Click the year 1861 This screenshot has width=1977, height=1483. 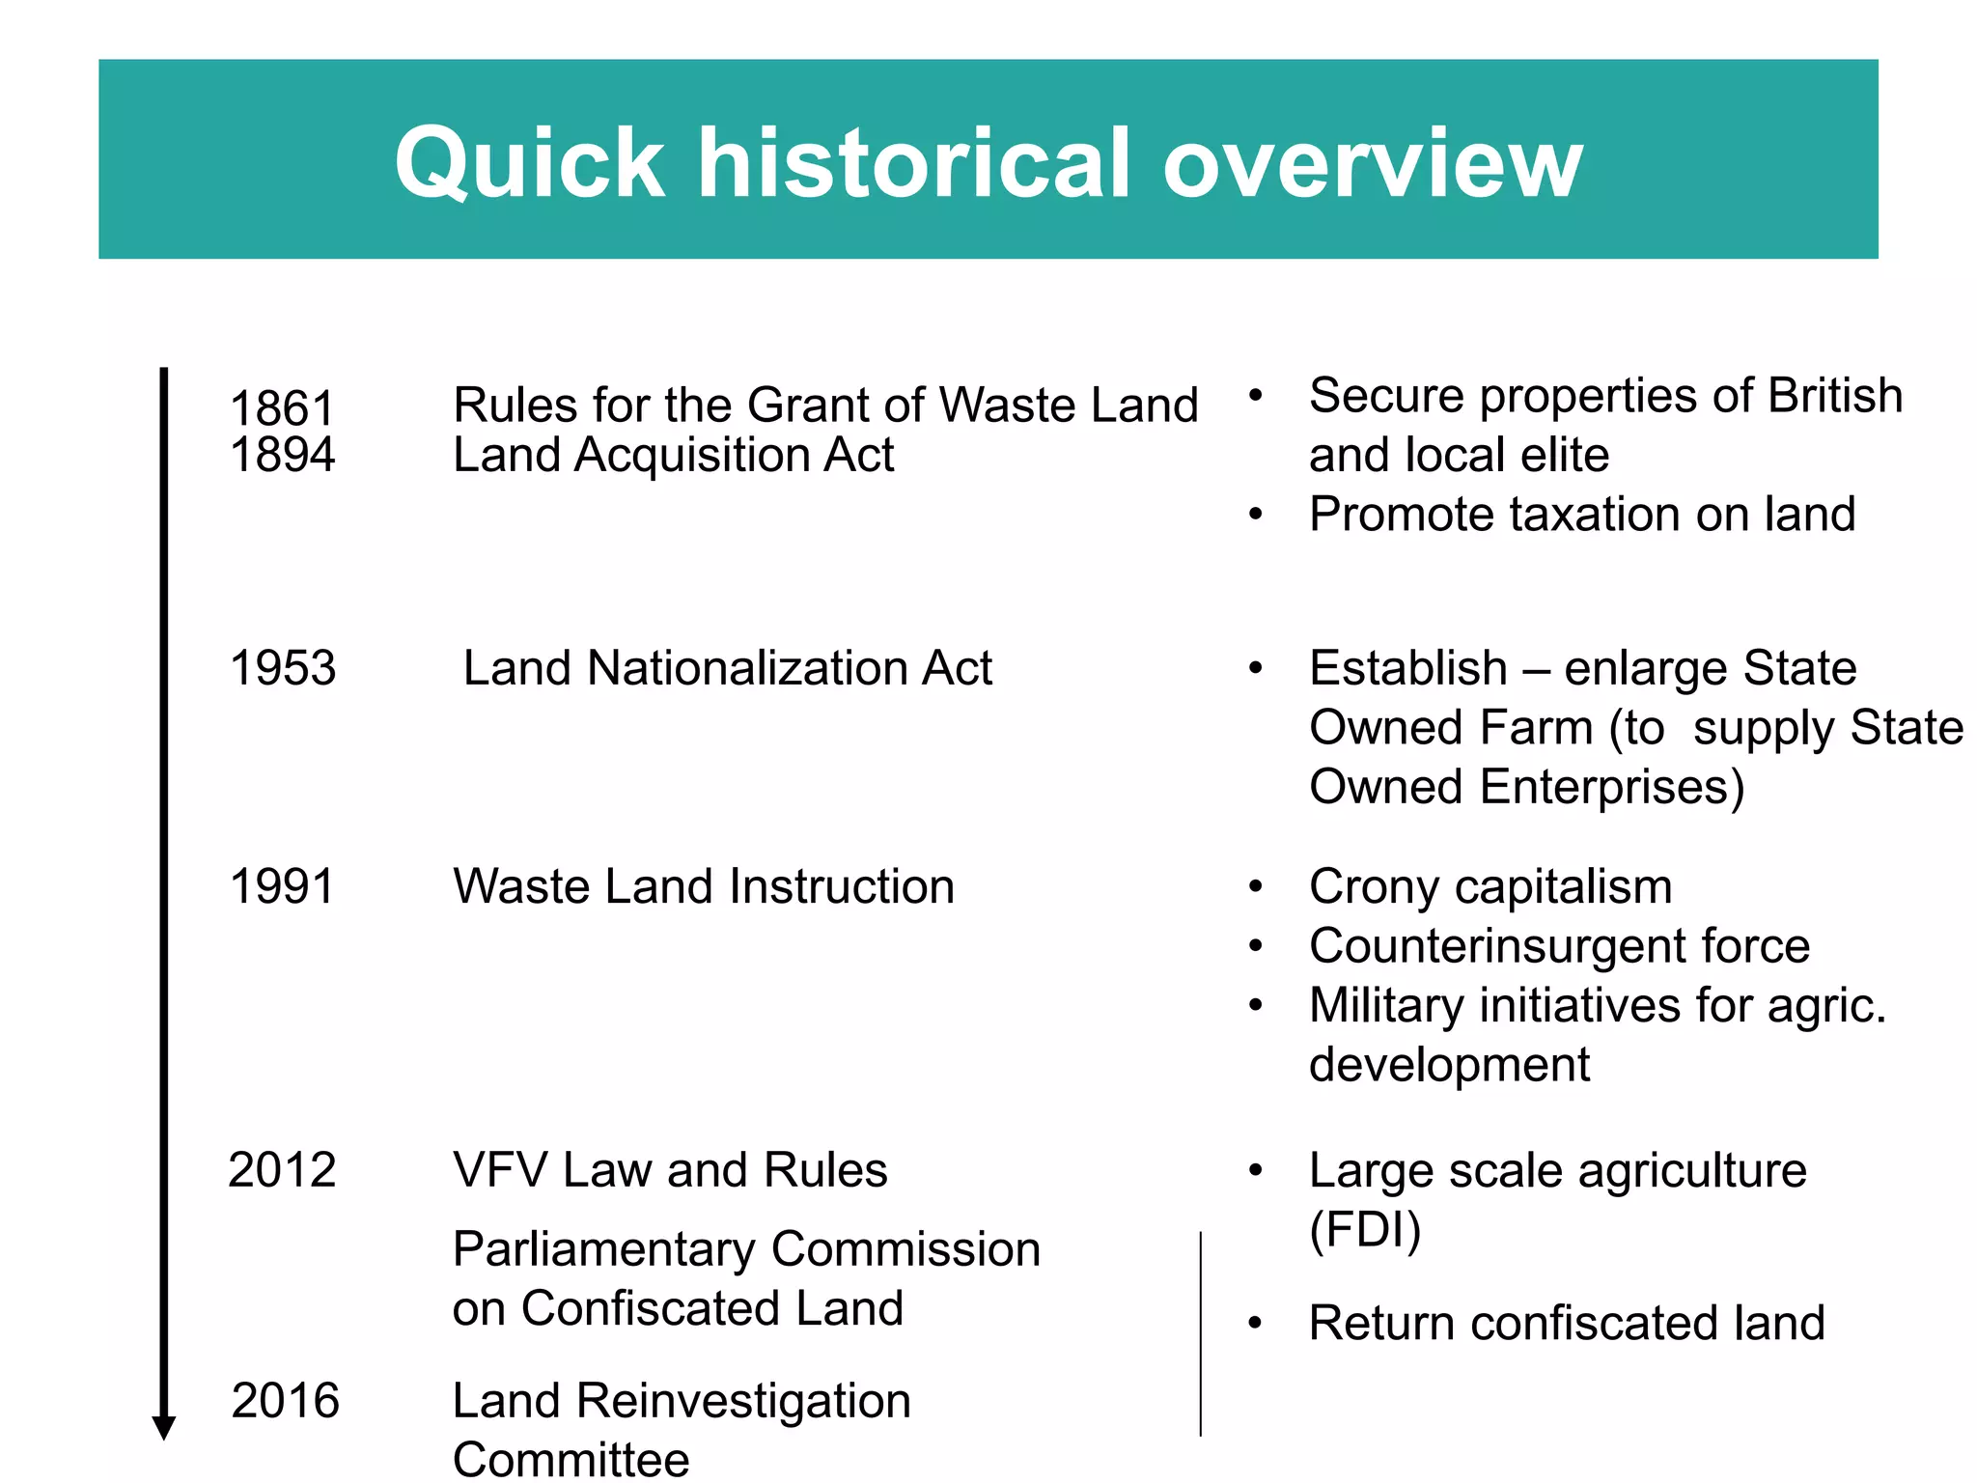point(282,408)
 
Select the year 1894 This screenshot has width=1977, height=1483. point(282,455)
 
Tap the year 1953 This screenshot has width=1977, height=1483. point(283,668)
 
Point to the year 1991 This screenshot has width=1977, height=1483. point(282,886)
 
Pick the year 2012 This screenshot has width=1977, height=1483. point(282,1170)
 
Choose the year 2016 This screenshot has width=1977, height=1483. point(286,1401)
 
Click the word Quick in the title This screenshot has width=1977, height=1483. point(529,163)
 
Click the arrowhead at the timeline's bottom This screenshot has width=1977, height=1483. point(164,1428)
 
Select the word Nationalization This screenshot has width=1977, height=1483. point(747,668)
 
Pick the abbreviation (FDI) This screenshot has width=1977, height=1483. point(1365,1230)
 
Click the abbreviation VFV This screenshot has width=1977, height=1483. point(501,1170)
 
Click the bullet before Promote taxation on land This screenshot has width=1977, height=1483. point(1255,515)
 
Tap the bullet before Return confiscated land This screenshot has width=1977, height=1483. point(1255,1324)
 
